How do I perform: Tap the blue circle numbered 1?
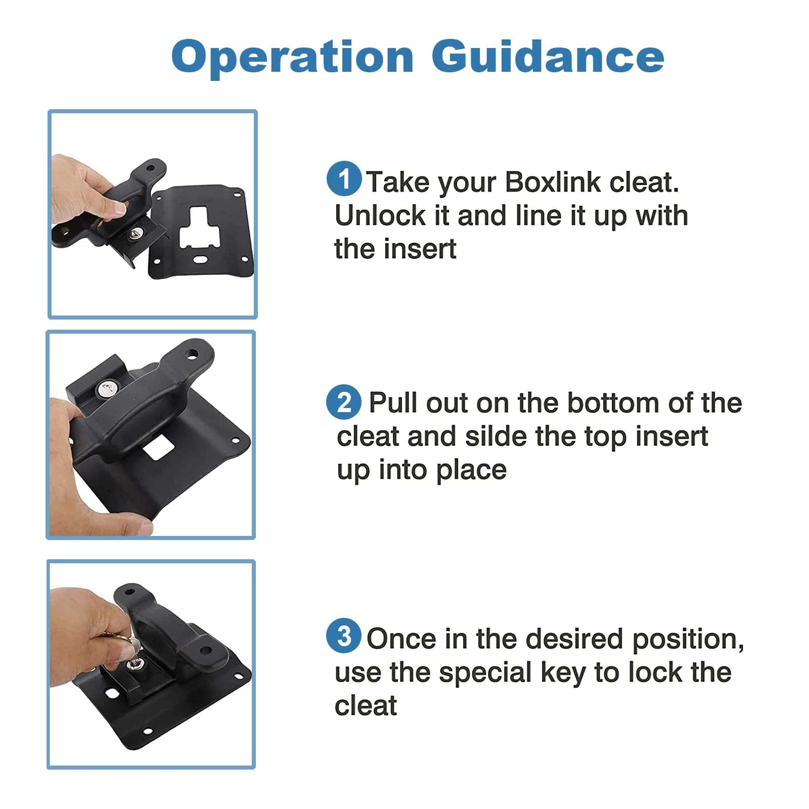(x=344, y=179)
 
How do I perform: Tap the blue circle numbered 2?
(x=344, y=402)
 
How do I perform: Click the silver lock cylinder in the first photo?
(x=137, y=233)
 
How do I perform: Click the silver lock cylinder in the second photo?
(x=107, y=389)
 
